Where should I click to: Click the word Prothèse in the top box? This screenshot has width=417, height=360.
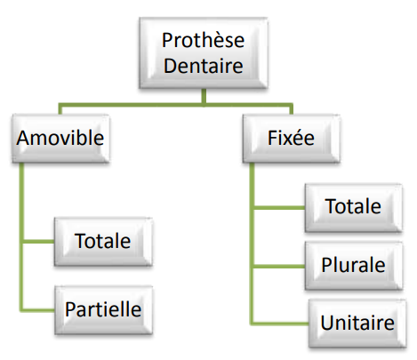(x=203, y=40)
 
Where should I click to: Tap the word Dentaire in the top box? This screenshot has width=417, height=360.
(x=204, y=66)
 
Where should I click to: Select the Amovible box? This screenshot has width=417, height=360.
(x=60, y=139)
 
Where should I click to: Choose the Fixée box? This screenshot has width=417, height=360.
(x=291, y=139)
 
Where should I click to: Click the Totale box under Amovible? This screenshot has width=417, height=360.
(x=103, y=242)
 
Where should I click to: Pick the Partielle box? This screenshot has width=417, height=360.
(x=103, y=310)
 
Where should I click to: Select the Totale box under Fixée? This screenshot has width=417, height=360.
(x=353, y=207)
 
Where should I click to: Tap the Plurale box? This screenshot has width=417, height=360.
(x=354, y=266)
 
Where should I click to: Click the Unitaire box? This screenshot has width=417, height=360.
(x=357, y=324)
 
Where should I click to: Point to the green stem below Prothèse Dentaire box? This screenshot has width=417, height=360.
(x=204, y=96)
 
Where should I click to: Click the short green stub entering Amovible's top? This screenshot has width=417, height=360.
(x=60, y=108)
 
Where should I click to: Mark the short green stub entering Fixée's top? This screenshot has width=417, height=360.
(x=291, y=108)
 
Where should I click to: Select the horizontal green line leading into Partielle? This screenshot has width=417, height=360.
(x=37, y=310)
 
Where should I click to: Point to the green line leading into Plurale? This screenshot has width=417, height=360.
(x=279, y=267)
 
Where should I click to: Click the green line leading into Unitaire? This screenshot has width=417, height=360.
(x=279, y=324)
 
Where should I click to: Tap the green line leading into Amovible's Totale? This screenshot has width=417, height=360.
(x=39, y=242)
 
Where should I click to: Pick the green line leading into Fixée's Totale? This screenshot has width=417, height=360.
(x=279, y=207)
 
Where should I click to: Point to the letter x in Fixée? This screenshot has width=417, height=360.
(x=286, y=140)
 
